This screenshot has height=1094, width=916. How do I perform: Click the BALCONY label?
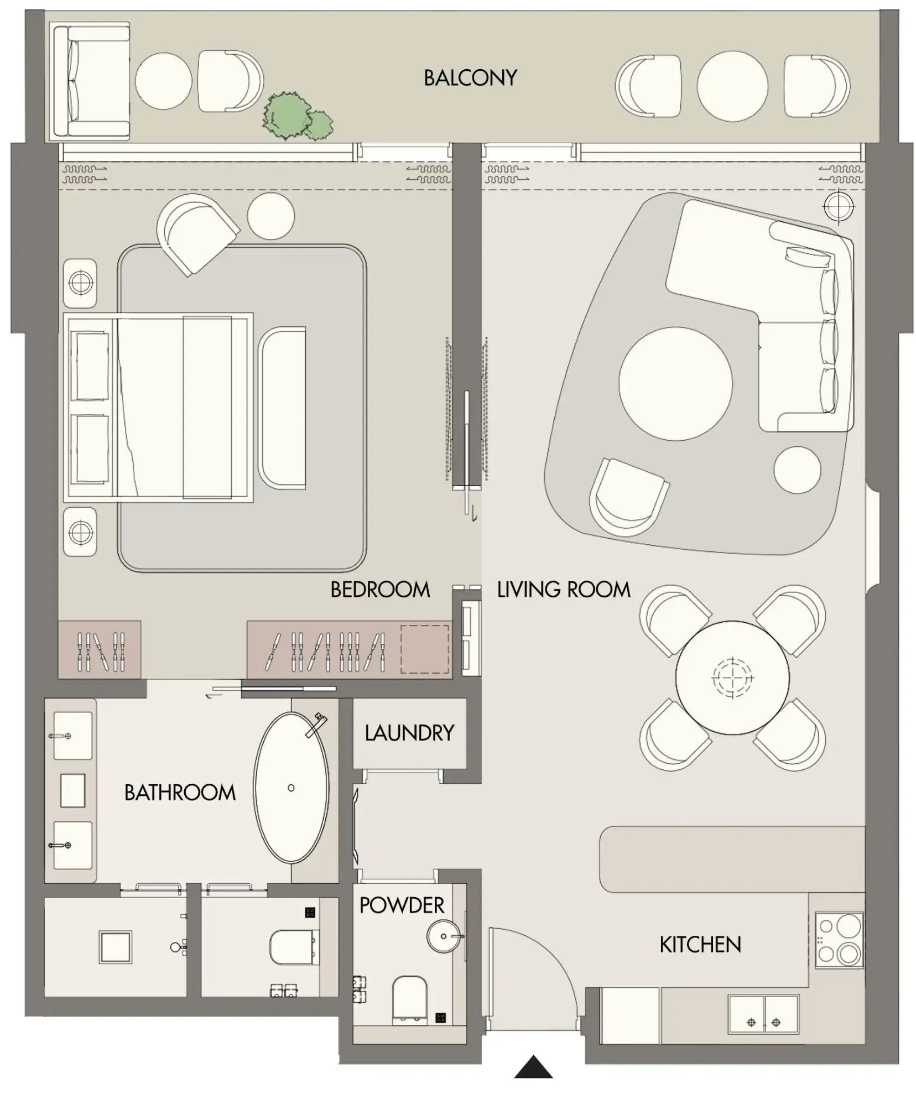[470, 78]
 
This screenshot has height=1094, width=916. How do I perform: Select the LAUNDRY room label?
[409, 733]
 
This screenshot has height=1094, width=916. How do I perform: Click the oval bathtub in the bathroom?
[291, 788]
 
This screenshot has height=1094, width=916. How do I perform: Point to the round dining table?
[732, 677]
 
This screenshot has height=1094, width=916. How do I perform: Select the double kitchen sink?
[763, 1014]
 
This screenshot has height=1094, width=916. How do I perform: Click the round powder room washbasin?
[444, 936]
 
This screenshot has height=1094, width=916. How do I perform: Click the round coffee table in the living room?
[675, 383]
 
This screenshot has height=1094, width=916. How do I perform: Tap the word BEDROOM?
[380, 590]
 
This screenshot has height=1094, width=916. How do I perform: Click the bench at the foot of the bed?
[282, 408]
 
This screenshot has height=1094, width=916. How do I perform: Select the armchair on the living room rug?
[627, 496]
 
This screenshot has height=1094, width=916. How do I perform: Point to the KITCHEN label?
[700, 944]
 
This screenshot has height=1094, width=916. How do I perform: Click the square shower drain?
[115, 946]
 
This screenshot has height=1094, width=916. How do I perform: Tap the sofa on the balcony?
[90, 81]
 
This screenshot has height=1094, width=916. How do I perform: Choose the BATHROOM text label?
[180, 793]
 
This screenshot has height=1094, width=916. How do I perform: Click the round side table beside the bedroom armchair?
[271, 216]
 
